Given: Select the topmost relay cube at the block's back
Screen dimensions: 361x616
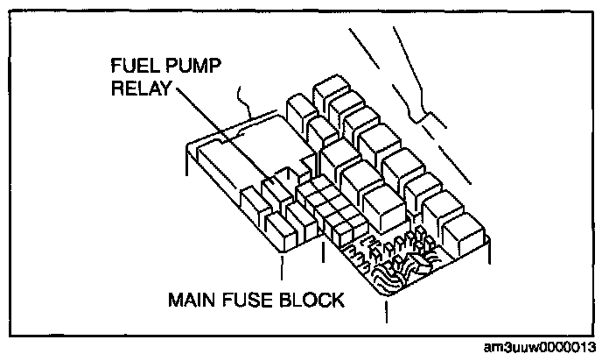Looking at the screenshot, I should (x=327, y=91).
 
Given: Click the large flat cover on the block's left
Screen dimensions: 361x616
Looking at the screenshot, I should (x=254, y=145).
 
